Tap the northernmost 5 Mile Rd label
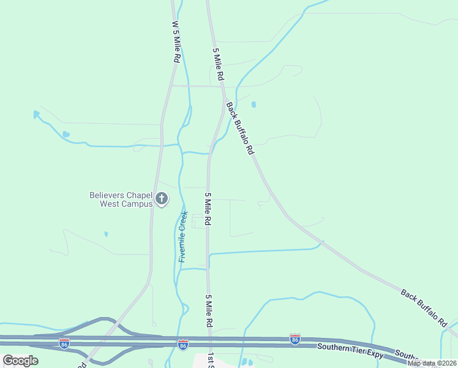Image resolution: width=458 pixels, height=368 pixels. pos(217,65)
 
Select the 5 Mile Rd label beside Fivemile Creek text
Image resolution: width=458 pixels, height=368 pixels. pos(208,209)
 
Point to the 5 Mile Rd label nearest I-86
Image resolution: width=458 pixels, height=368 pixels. pos(209,311)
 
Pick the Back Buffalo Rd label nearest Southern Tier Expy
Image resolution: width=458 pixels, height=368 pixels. pos(424,307)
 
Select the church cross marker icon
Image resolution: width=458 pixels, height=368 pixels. pos(162,198)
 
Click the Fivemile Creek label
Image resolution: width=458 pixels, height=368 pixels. pos(182,237)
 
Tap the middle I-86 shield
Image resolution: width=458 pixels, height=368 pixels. pos(182,345)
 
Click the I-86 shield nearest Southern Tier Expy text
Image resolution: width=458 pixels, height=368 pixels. pos(295,339)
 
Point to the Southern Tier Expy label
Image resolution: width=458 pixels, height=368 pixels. pos(350,347)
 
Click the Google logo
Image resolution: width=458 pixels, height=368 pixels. pos(20,361)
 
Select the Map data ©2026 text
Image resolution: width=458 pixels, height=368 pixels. pos(431,363)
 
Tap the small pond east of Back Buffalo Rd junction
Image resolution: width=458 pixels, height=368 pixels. pos(253,104)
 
